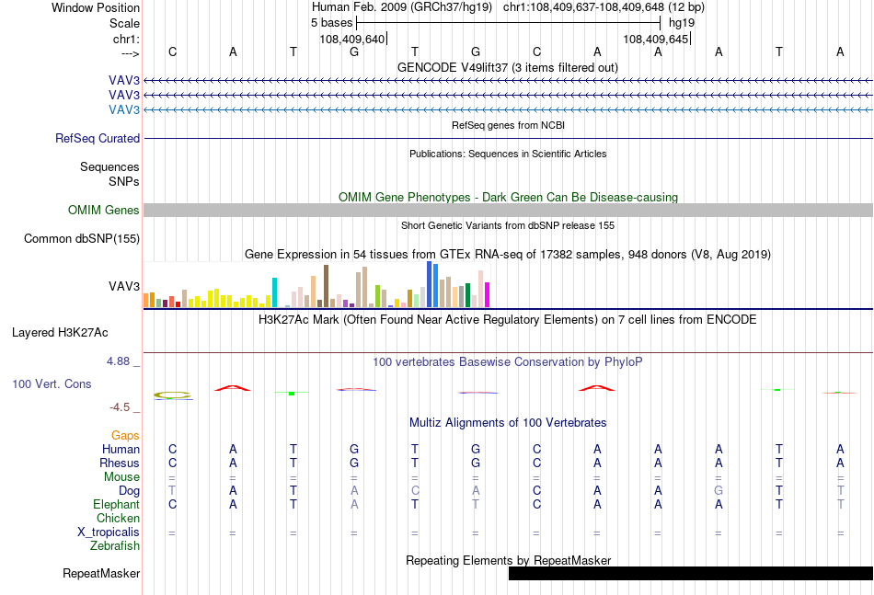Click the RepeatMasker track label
101,573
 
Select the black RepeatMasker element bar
691,573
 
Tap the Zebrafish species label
115,546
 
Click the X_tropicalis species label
109,532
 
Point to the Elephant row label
117,504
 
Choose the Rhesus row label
120,463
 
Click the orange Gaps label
125,435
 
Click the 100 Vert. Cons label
52,383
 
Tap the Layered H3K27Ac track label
60,333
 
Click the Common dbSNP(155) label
82,239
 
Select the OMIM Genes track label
104,210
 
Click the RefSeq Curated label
98,138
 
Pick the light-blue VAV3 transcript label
124,109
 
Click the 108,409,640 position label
352,39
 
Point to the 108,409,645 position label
656,39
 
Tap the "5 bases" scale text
331,23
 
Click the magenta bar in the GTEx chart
488,294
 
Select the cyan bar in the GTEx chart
274,292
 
